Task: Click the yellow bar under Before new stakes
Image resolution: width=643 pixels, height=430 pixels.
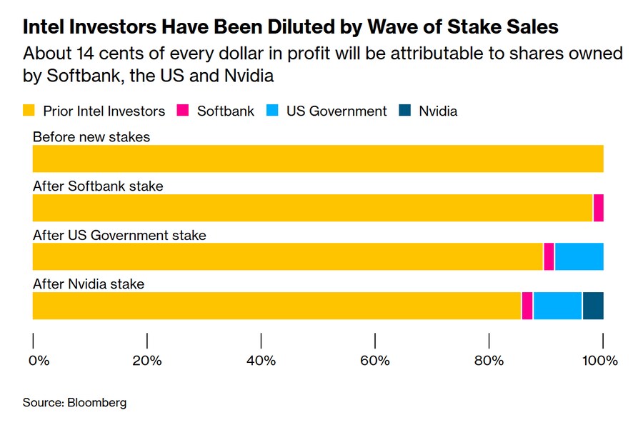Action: tap(318, 159)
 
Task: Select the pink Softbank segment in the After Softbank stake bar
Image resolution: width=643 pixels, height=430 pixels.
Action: tap(599, 208)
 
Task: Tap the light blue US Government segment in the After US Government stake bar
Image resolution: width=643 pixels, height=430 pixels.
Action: tap(579, 256)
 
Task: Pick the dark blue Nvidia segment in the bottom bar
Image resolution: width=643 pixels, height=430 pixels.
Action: tap(593, 306)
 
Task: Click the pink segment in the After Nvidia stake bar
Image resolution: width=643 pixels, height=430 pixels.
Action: tap(527, 306)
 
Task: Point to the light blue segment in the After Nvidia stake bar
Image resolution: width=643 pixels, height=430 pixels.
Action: tap(557, 306)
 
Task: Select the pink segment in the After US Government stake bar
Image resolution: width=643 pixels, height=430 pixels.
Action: tap(549, 256)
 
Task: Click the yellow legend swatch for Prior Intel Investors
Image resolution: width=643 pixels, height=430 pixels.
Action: tap(29, 111)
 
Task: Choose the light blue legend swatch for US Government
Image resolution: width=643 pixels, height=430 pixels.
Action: tap(273, 111)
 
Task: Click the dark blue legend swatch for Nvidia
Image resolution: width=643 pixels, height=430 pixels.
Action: tap(405, 111)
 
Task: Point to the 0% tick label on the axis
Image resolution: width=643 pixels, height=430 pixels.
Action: tap(39, 361)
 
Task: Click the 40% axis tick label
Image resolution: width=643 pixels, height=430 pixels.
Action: tap(261, 361)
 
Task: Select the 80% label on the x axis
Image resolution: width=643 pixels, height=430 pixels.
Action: tap(489, 361)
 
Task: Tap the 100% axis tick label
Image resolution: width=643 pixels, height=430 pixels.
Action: tap(600, 361)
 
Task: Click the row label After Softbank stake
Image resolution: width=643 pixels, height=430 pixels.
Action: tap(98, 186)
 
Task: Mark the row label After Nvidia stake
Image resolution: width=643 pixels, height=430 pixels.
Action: tap(89, 284)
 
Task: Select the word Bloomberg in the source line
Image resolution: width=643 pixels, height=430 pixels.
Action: tap(96, 403)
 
